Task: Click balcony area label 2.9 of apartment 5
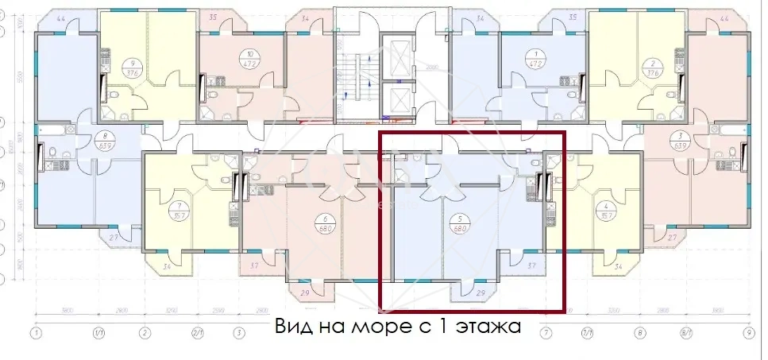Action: pyautogui.click(x=480, y=293)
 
